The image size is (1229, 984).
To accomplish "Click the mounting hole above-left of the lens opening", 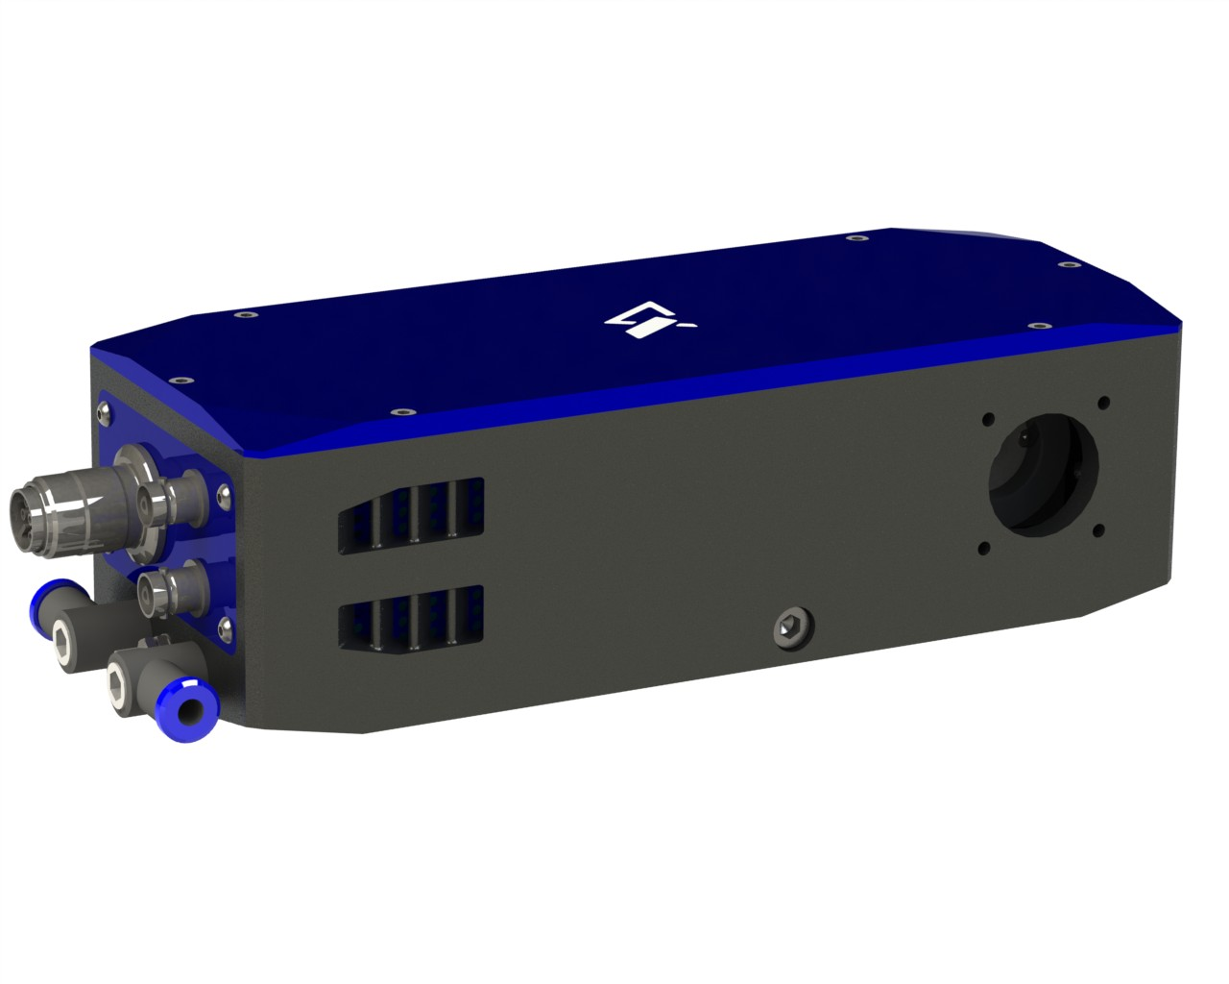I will click(986, 419).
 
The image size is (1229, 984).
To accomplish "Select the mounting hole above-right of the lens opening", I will click(1102, 402).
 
